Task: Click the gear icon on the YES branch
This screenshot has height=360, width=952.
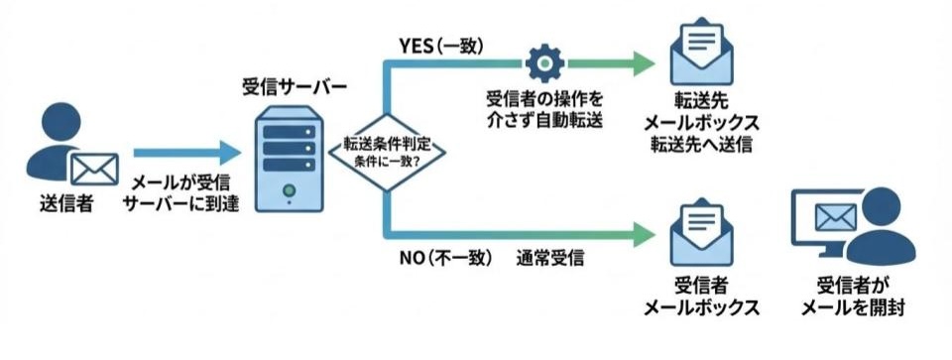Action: (542, 62)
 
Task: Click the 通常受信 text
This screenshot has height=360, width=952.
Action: (549, 258)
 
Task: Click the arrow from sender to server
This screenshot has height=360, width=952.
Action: (188, 152)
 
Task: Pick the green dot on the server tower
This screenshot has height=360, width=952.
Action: (289, 189)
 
